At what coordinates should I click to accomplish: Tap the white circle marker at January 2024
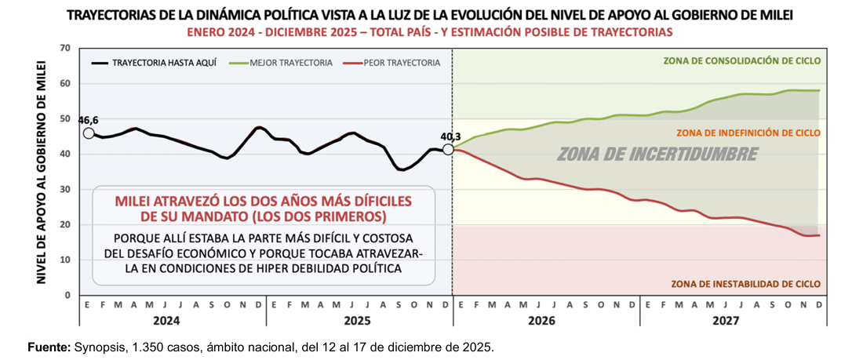point(89,133)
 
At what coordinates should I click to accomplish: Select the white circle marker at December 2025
point(447,149)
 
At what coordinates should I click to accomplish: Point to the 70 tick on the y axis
point(65,49)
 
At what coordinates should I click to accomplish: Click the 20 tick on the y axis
point(65,224)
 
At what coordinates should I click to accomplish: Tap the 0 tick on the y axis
point(68,295)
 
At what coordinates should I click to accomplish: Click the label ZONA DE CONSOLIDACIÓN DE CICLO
point(741,60)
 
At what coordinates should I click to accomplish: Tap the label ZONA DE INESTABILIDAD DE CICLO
point(745,284)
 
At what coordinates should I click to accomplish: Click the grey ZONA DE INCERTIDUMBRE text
point(657,154)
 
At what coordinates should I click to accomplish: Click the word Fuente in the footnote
point(49,346)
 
